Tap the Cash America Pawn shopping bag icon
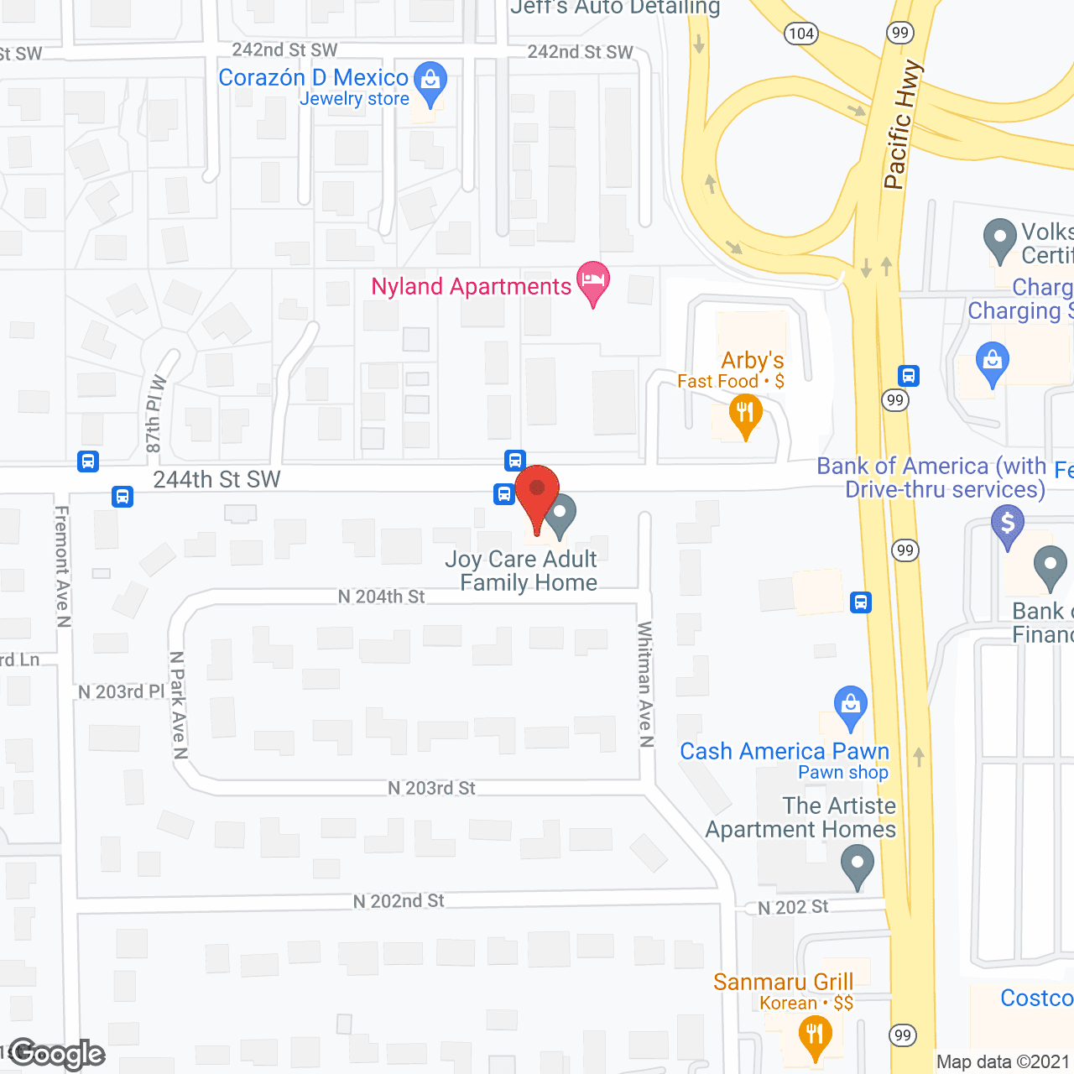tap(851, 706)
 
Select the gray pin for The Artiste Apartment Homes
tap(857, 864)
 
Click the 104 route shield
tap(800, 34)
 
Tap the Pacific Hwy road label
tap(902, 124)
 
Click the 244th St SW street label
tap(216, 479)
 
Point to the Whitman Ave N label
tap(645, 684)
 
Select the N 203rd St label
tap(431, 788)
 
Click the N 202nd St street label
tap(399, 901)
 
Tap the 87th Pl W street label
tap(156, 414)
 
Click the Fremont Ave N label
tap(63, 566)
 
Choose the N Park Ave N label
tap(178, 705)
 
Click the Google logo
tap(57, 1054)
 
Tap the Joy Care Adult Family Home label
tap(522, 571)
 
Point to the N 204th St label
tap(381, 597)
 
